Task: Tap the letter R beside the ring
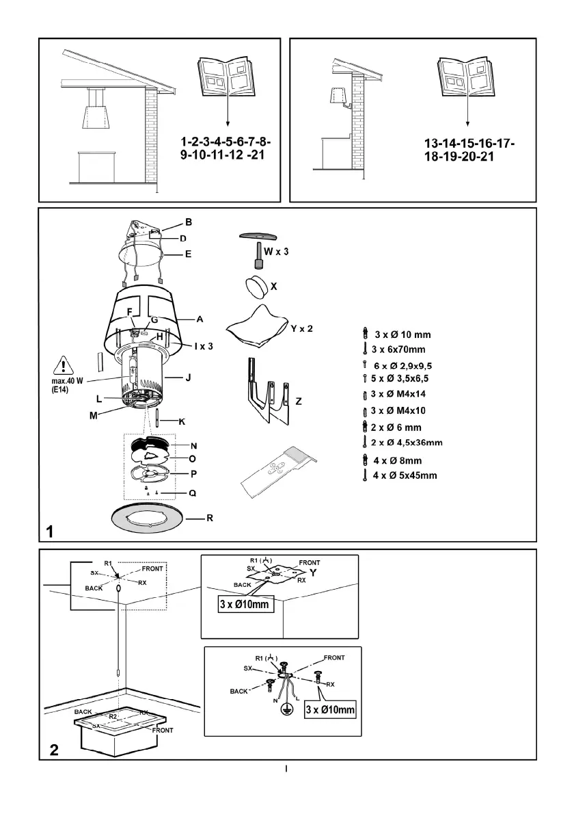(210, 518)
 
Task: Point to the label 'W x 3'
(277, 252)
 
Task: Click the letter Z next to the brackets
(299, 402)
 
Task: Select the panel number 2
(53, 750)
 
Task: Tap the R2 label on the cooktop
(114, 717)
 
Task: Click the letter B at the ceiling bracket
(189, 222)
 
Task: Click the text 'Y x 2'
(301, 329)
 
